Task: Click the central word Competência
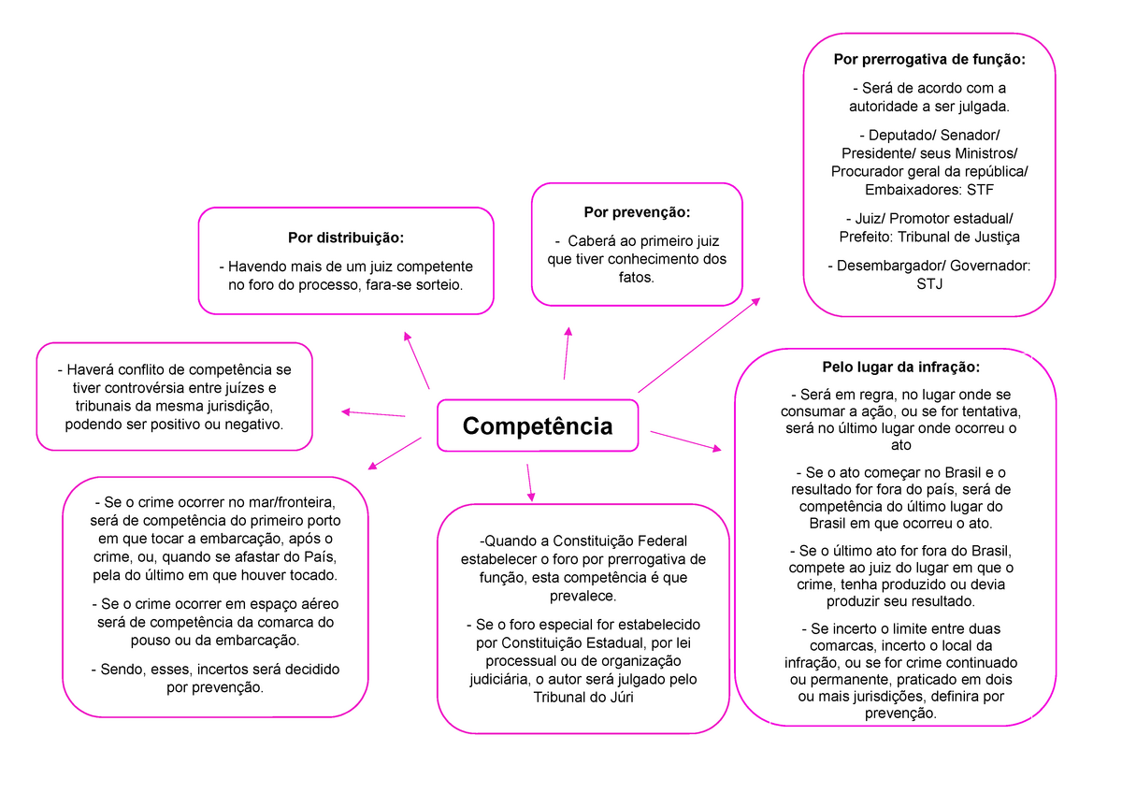[x=538, y=426]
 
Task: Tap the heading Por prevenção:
[x=637, y=212]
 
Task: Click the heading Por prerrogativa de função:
[x=929, y=60]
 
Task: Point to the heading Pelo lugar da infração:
[x=896, y=367]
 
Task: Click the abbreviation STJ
[x=929, y=283]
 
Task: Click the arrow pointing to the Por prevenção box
[x=567, y=353]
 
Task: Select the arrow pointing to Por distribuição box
[x=417, y=360]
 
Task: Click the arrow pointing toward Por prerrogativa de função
[x=698, y=345]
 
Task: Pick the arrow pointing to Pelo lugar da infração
[x=685, y=441]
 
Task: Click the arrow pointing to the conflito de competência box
[x=373, y=413]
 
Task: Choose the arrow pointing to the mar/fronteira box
[x=395, y=454]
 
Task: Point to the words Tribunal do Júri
[x=583, y=697]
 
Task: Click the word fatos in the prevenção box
[x=637, y=277]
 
